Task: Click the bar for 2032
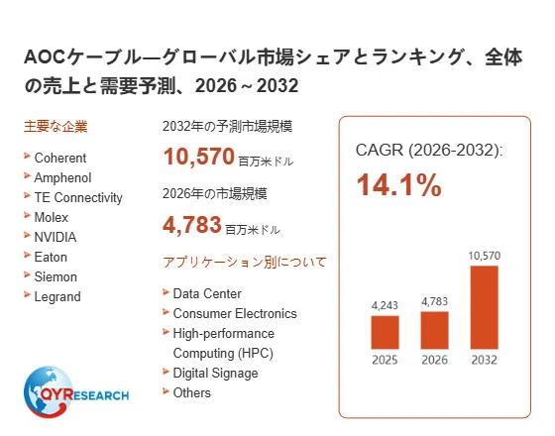(485, 307)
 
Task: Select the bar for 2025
(385, 332)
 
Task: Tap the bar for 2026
(435, 330)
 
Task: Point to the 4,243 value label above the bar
(385, 305)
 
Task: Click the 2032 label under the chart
(485, 360)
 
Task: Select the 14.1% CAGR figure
(399, 184)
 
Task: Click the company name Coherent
(60, 158)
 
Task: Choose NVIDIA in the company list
(55, 237)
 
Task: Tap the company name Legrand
(57, 297)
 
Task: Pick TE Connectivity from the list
(78, 197)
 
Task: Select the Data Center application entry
(207, 293)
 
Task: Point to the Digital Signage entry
(216, 374)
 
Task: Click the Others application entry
(192, 392)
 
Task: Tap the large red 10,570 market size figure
(199, 157)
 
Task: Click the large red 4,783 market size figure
(192, 225)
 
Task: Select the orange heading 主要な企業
(55, 127)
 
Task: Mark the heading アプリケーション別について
(244, 263)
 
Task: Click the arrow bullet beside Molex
(28, 215)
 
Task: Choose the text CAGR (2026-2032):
(429, 150)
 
